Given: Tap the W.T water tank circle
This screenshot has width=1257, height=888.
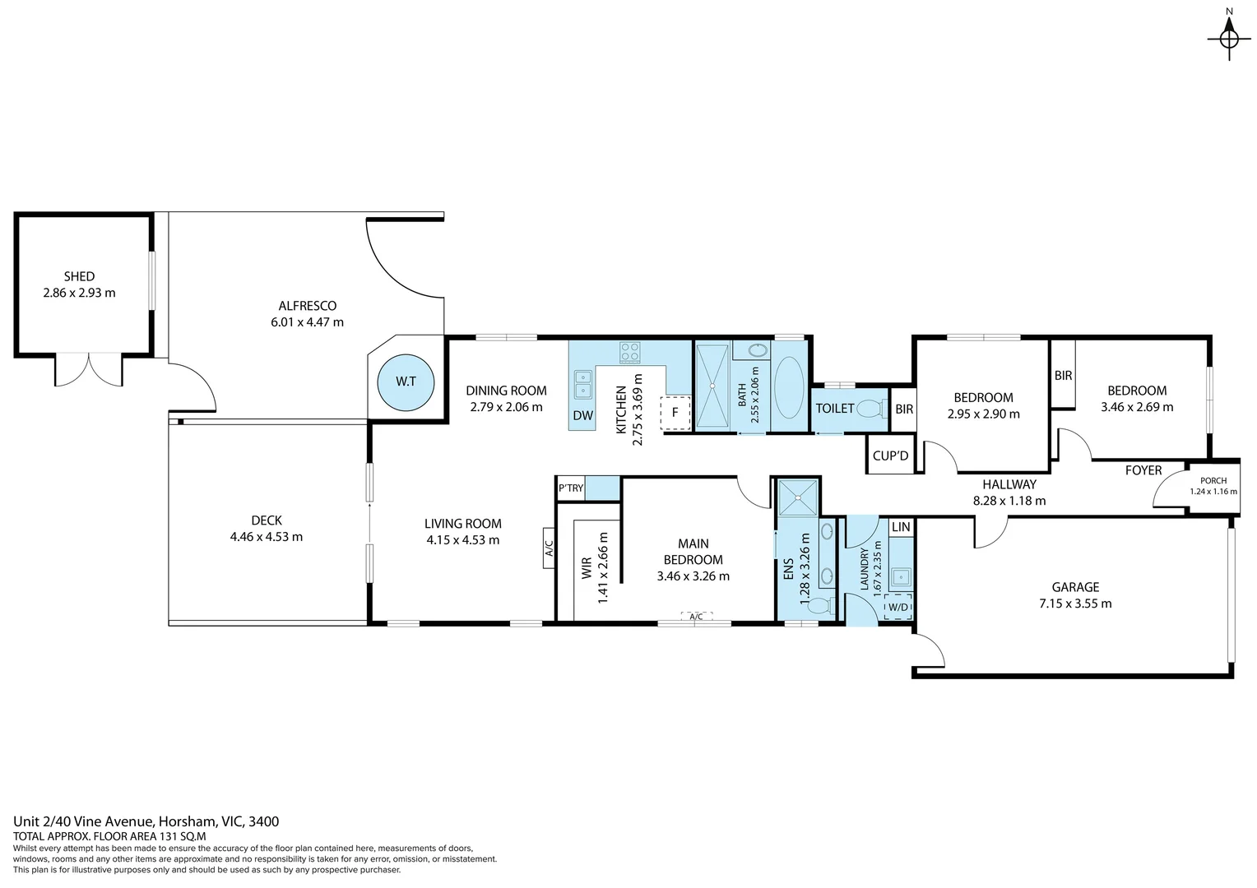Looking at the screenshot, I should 405,382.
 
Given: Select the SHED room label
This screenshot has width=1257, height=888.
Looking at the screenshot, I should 79,276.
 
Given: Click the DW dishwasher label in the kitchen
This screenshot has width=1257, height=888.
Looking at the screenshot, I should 582,415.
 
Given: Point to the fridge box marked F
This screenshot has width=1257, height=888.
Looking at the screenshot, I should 675,413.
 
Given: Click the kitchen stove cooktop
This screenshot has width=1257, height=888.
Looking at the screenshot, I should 630,352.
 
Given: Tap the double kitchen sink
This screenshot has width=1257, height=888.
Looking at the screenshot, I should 582,385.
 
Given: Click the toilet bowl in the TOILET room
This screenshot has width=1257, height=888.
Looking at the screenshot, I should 869,409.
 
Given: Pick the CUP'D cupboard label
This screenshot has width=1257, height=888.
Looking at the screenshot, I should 890,456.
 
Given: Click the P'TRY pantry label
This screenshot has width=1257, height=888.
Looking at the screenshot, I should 571,488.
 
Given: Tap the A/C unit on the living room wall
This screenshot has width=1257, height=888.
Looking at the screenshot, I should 549,548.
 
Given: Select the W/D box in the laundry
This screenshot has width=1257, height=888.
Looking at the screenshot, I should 897,608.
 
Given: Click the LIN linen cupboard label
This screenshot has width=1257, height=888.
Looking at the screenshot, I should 901,526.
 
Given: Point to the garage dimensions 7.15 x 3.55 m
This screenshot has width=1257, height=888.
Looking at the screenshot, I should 1075,604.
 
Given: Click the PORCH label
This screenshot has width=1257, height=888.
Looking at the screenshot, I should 1213,480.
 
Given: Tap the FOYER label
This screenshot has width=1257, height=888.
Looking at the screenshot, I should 1143,470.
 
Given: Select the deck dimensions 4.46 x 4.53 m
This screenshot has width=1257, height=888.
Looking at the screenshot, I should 267,537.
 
